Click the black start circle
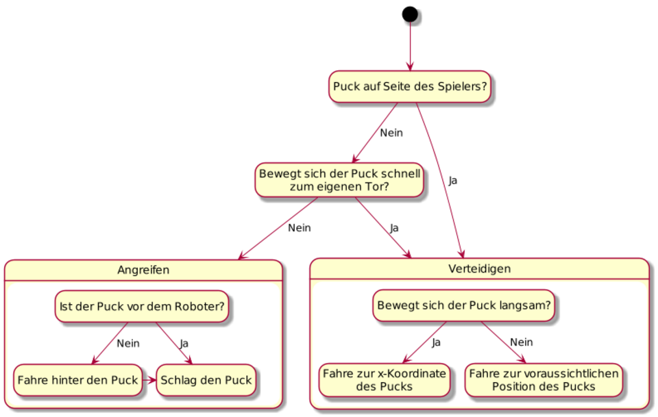click(x=410, y=14)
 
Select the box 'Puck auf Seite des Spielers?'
click(x=410, y=87)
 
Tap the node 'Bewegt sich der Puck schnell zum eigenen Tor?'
click(x=339, y=180)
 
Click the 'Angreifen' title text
click(x=143, y=270)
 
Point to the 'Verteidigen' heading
click(x=479, y=268)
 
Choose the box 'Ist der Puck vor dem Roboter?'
click(x=142, y=306)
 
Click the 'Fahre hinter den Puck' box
click(x=77, y=380)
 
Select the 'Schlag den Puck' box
click(x=206, y=380)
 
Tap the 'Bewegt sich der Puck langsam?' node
click(x=464, y=305)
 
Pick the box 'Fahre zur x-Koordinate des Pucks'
click(x=385, y=380)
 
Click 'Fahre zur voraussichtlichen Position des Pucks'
click(x=544, y=380)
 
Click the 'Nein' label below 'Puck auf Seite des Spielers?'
click(x=391, y=133)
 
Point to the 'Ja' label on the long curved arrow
click(x=453, y=181)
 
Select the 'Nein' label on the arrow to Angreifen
click(x=300, y=228)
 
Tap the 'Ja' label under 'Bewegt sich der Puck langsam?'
click(x=437, y=342)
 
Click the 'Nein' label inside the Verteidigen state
click(x=521, y=342)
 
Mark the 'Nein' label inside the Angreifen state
click(x=128, y=344)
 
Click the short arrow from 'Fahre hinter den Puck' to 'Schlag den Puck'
click(x=149, y=380)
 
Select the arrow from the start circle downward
click(x=410, y=46)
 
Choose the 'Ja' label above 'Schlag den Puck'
click(x=184, y=344)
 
